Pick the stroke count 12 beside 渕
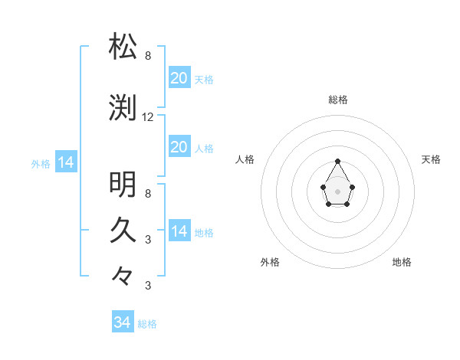(x=148, y=117)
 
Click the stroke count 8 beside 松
(x=148, y=56)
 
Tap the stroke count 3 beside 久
(x=148, y=239)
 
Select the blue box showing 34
(x=122, y=322)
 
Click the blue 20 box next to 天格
(x=179, y=78)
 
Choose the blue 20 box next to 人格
(x=179, y=147)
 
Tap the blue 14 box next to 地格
(x=179, y=231)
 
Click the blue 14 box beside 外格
(x=65, y=162)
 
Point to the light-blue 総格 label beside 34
(x=147, y=324)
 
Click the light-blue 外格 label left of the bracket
(x=41, y=163)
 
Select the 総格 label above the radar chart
(x=338, y=100)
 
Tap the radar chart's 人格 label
(x=245, y=159)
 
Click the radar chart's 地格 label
(x=402, y=262)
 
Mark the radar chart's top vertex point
(x=338, y=161)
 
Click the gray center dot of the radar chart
(x=338, y=191)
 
